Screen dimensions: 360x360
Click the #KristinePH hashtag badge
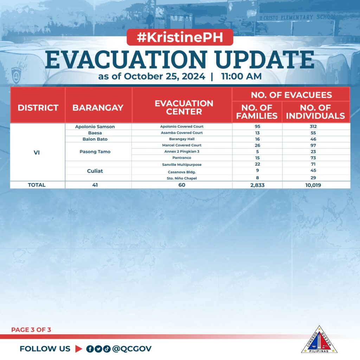pos(180,37)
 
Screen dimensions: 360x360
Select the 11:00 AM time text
pos(241,76)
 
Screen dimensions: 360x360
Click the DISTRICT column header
pos(38,108)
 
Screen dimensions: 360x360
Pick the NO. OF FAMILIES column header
pos(257,111)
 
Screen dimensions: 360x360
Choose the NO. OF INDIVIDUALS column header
pos(315,111)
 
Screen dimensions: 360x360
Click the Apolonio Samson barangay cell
pos(95,127)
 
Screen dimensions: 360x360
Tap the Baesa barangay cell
pos(95,133)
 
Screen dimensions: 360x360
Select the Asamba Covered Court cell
pos(182,133)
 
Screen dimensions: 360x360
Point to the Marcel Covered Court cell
pos(182,145)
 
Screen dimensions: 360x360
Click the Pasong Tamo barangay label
pos(95,152)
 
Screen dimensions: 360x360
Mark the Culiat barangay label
pos(95,171)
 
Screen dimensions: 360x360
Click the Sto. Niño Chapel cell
pos(182,178)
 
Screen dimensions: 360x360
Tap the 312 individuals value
pos(313,127)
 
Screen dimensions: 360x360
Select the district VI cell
pos(37,153)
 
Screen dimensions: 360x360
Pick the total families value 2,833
pos(257,185)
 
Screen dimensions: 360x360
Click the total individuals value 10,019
pos(313,185)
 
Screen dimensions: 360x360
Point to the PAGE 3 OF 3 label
pos(31,330)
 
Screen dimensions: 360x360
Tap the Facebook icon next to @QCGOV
pos(90,349)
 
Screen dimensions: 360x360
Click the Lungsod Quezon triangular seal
pos(319,340)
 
